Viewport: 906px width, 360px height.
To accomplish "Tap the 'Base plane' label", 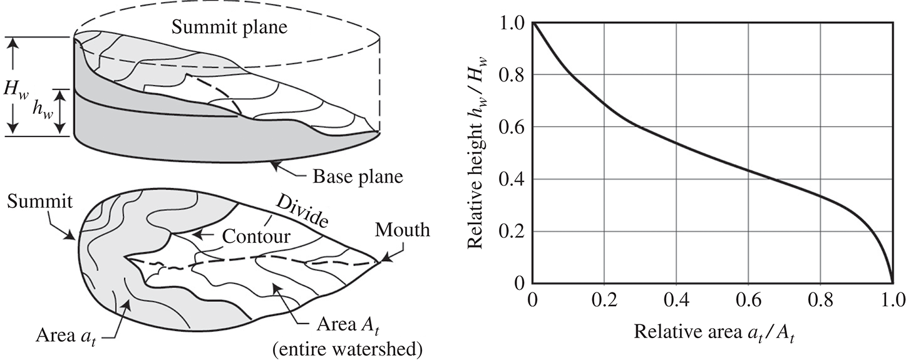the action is click(358, 177).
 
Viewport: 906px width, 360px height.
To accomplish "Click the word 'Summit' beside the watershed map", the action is click(39, 202).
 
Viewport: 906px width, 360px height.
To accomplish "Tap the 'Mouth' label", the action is click(403, 230).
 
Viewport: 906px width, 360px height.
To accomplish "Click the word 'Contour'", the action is click(256, 236).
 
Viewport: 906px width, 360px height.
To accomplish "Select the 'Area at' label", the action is click(66, 336).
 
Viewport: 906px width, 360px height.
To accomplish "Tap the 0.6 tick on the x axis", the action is click(748, 301).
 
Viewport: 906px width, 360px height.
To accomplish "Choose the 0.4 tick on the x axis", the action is click(676, 301).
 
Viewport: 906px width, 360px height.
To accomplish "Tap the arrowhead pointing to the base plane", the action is click(276, 165).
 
